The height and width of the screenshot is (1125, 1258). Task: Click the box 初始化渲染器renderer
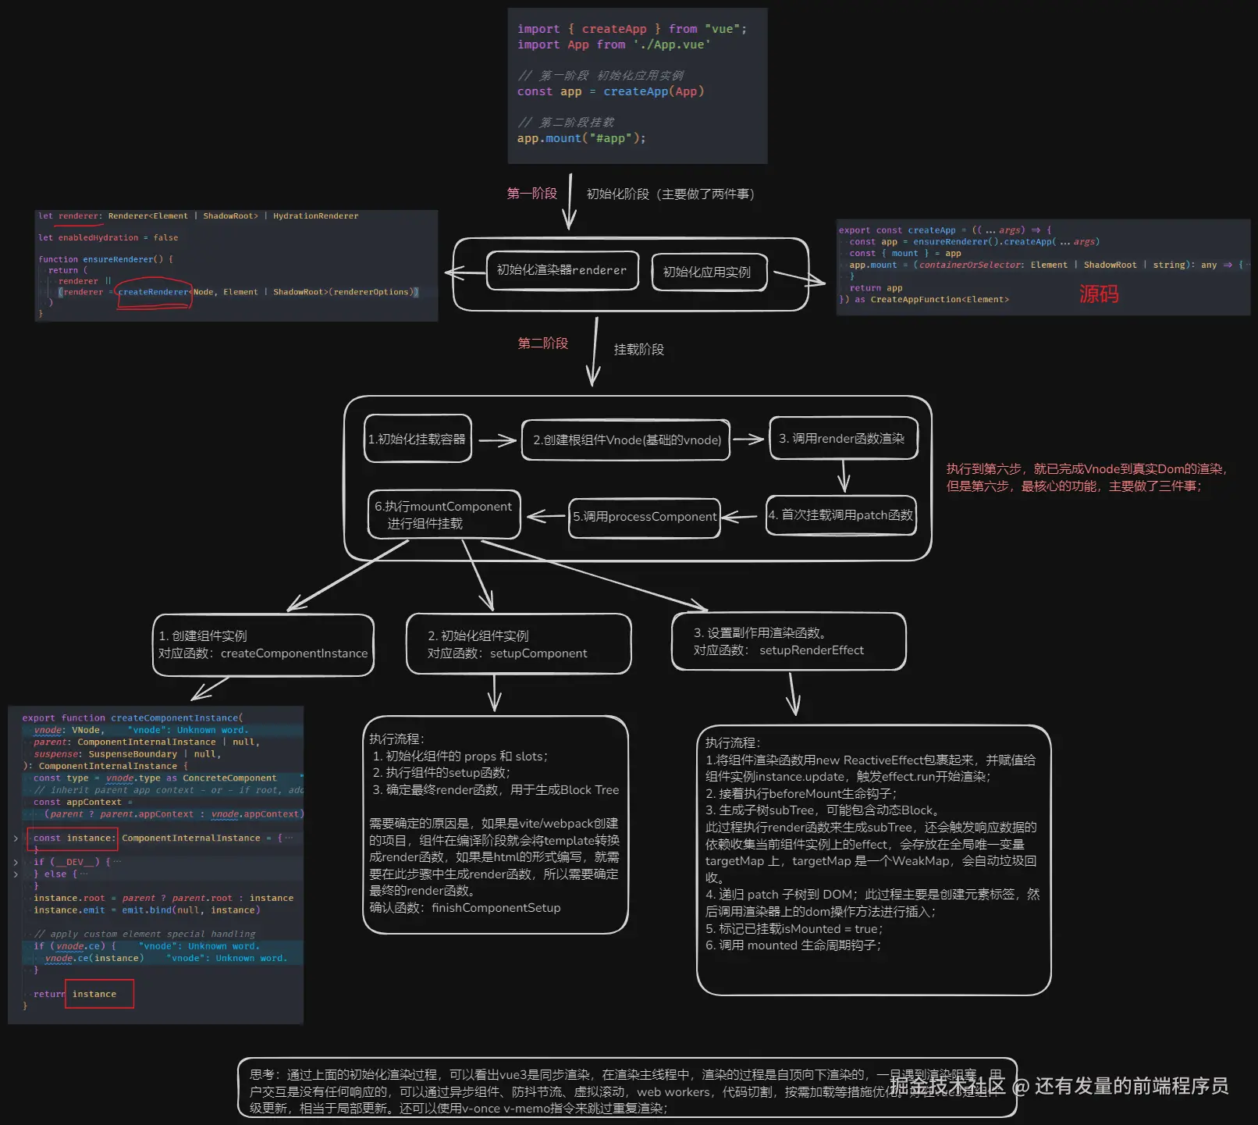coord(562,270)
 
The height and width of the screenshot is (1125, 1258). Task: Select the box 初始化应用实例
coord(707,272)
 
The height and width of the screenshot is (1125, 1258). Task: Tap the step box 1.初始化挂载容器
coord(418,439)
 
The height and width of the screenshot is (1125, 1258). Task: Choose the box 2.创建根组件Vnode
coord(627,440)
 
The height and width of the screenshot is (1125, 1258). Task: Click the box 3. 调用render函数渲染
coord(842,438)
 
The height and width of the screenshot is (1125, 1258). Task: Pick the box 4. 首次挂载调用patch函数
coord(840,514)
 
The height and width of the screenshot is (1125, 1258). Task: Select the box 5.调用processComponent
coord(645,517)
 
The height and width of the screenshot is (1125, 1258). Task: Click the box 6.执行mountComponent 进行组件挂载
coord(443,514)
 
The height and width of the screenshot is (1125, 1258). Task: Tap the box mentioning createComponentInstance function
coord(263,645)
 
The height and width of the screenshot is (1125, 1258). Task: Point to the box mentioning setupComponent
coord(518,644)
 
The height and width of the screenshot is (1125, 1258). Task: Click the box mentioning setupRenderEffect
coord(788,642)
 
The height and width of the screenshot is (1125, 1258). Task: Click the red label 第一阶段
coord(531,193)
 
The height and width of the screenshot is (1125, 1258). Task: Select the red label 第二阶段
coord(542,343)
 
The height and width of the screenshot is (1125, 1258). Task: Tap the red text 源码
coord(1099,294)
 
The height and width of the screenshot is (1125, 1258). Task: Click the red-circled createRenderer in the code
coord(154,292)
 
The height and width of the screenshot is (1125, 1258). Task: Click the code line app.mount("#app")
coord(581,138)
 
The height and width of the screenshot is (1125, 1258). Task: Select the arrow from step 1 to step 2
coord(497,440)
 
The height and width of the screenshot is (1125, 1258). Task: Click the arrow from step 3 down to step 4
coord(843,475)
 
